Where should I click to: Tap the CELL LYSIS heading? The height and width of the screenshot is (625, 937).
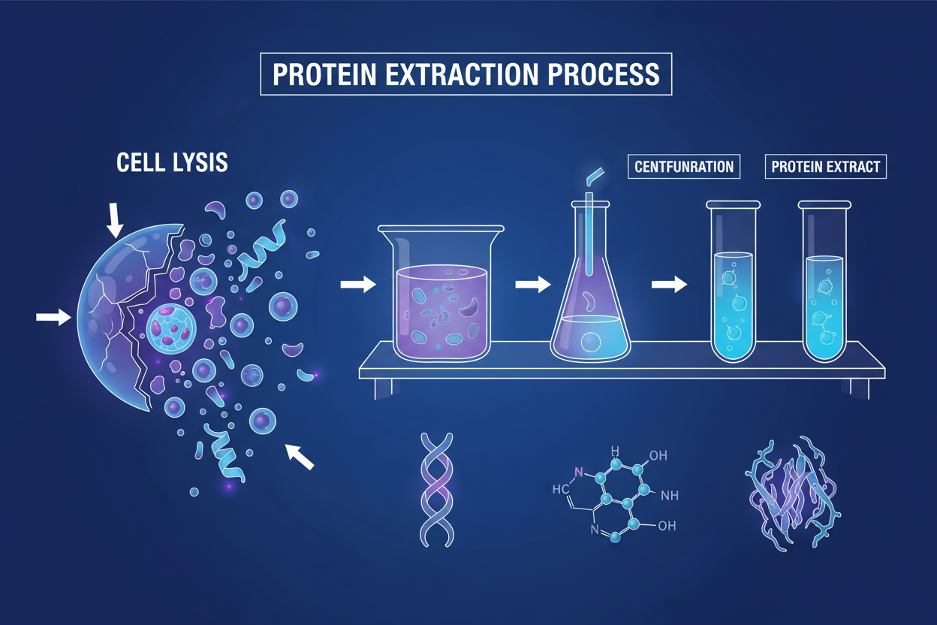click(x=172, y=164)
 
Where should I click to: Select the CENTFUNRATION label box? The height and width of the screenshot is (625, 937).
click(x=684, y=166)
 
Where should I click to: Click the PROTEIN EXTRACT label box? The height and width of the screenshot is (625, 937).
click(x=825, y=166)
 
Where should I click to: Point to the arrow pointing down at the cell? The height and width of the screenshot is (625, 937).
click(x=115, y=218)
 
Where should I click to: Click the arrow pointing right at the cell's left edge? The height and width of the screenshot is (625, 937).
click(x=53, y=318)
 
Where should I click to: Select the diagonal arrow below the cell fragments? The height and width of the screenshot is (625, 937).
click(x=299, y=455)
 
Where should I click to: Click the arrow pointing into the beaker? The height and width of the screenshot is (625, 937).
click(x=357, y=284)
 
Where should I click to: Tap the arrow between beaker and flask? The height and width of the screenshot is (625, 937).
click(x=533, y=284)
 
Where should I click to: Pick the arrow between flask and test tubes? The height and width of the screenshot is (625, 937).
click(x=668, y=284)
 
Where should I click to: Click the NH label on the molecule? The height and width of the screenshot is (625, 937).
click(x=669, y=495)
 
